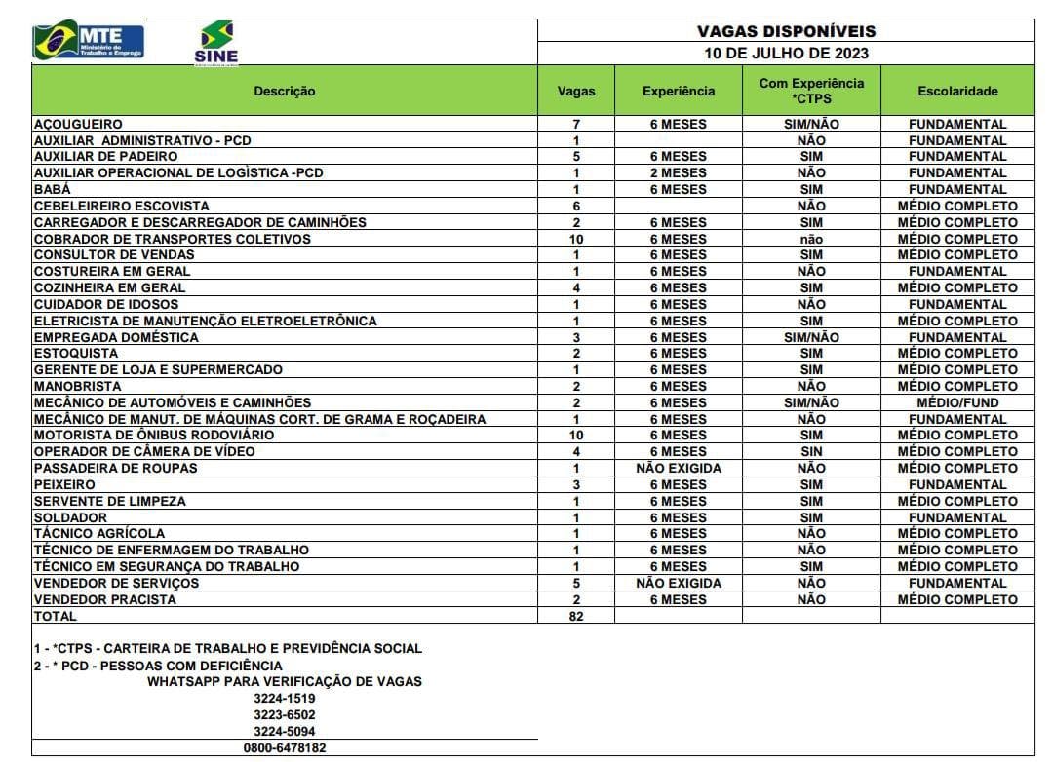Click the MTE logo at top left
[89, 41]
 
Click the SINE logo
[216, 43]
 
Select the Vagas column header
[575, 91]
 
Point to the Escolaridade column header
[957, 91]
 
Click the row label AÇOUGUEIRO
[78, 124]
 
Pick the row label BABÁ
[53, 189]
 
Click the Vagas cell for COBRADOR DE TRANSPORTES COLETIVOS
[575, 239]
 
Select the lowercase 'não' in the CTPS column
[811, 239]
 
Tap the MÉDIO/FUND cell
[957, 402]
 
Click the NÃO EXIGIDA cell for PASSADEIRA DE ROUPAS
[679, 468]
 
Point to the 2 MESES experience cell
[679, 172]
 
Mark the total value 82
[575, 616]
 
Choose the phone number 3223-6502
[285, 714]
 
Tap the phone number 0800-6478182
[285, 747]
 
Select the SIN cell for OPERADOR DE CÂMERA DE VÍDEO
[811, 451]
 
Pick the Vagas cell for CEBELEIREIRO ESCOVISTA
[575, 206]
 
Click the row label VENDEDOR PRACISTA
[105, 599]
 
